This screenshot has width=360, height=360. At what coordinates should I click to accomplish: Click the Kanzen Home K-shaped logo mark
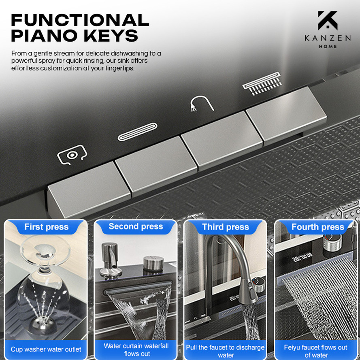pyautogui.click(x=327, y=20)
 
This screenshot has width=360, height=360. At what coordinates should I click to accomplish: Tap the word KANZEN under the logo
pyautogui.click(x=328, y=38)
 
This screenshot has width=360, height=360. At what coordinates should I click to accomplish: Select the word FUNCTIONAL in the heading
pyautogui.click(x=80, y=20)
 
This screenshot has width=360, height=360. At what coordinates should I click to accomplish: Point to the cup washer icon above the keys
pyautogui.click(x=72, y=155)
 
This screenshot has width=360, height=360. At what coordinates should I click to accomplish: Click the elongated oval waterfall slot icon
pyautogui.click(x=137, y=132)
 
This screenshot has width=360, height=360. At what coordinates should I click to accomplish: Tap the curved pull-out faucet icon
pyautogui.click(x=202, y=104)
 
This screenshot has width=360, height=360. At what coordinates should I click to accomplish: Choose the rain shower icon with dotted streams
pyautogui.click(x=262, y=83)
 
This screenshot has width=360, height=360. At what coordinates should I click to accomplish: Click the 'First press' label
pyautogui.click(x=47, y=227)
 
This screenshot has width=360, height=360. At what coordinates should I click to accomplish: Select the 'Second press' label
pyautogui.click(x=136, y=226)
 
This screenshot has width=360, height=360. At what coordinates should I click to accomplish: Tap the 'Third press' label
pyautogui.click(x=226, y=227)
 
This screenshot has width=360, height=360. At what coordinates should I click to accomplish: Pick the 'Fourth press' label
pyautogui.click(x=318, y=227)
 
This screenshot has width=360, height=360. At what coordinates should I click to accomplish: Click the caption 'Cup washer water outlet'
pyautogui.click(x=46, y=349)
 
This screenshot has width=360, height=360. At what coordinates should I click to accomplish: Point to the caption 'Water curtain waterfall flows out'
pyautogui.click(x=136, y=349)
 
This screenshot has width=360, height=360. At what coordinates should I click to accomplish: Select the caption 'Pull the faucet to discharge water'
pyautogui.click(x=225, y=351)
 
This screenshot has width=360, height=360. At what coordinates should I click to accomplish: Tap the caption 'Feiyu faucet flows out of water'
pyautogui.click(x=316, y=351)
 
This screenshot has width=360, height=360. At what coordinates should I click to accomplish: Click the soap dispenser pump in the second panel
pyautogui.click(x=110, y=260)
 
